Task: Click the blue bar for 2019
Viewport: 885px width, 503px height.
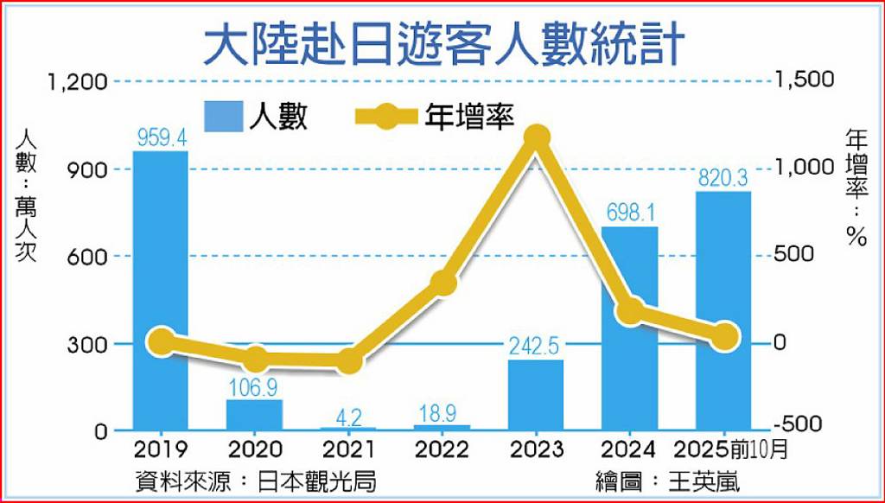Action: click(161, 290)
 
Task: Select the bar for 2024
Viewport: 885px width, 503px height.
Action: click(630, 328)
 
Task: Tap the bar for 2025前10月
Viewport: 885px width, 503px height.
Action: click(723, 310)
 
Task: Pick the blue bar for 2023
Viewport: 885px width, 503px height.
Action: click(536, 395)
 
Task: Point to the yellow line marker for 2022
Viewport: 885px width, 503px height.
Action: click(442, 283)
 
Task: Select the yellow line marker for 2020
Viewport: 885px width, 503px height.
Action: click(255, 358)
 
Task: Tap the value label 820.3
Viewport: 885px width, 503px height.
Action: click(723, 179)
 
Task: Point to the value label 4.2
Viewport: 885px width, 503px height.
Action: click(348, 417)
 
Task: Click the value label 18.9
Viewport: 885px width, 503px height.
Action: click(442, 414)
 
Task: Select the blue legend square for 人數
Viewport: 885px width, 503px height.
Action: click(224, 117)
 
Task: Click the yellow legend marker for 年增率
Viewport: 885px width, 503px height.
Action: click(385, 116)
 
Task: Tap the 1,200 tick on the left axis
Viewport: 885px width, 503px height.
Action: click(78, 82)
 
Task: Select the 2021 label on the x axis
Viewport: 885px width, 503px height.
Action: click(348, 450)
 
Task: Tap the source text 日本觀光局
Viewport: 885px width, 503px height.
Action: click(316, 482)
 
